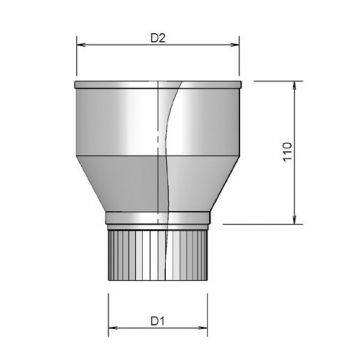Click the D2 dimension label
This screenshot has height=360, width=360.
[157, 38]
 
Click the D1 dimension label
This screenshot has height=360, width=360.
[157, 320]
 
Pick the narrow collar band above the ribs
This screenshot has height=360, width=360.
[158, 221]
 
